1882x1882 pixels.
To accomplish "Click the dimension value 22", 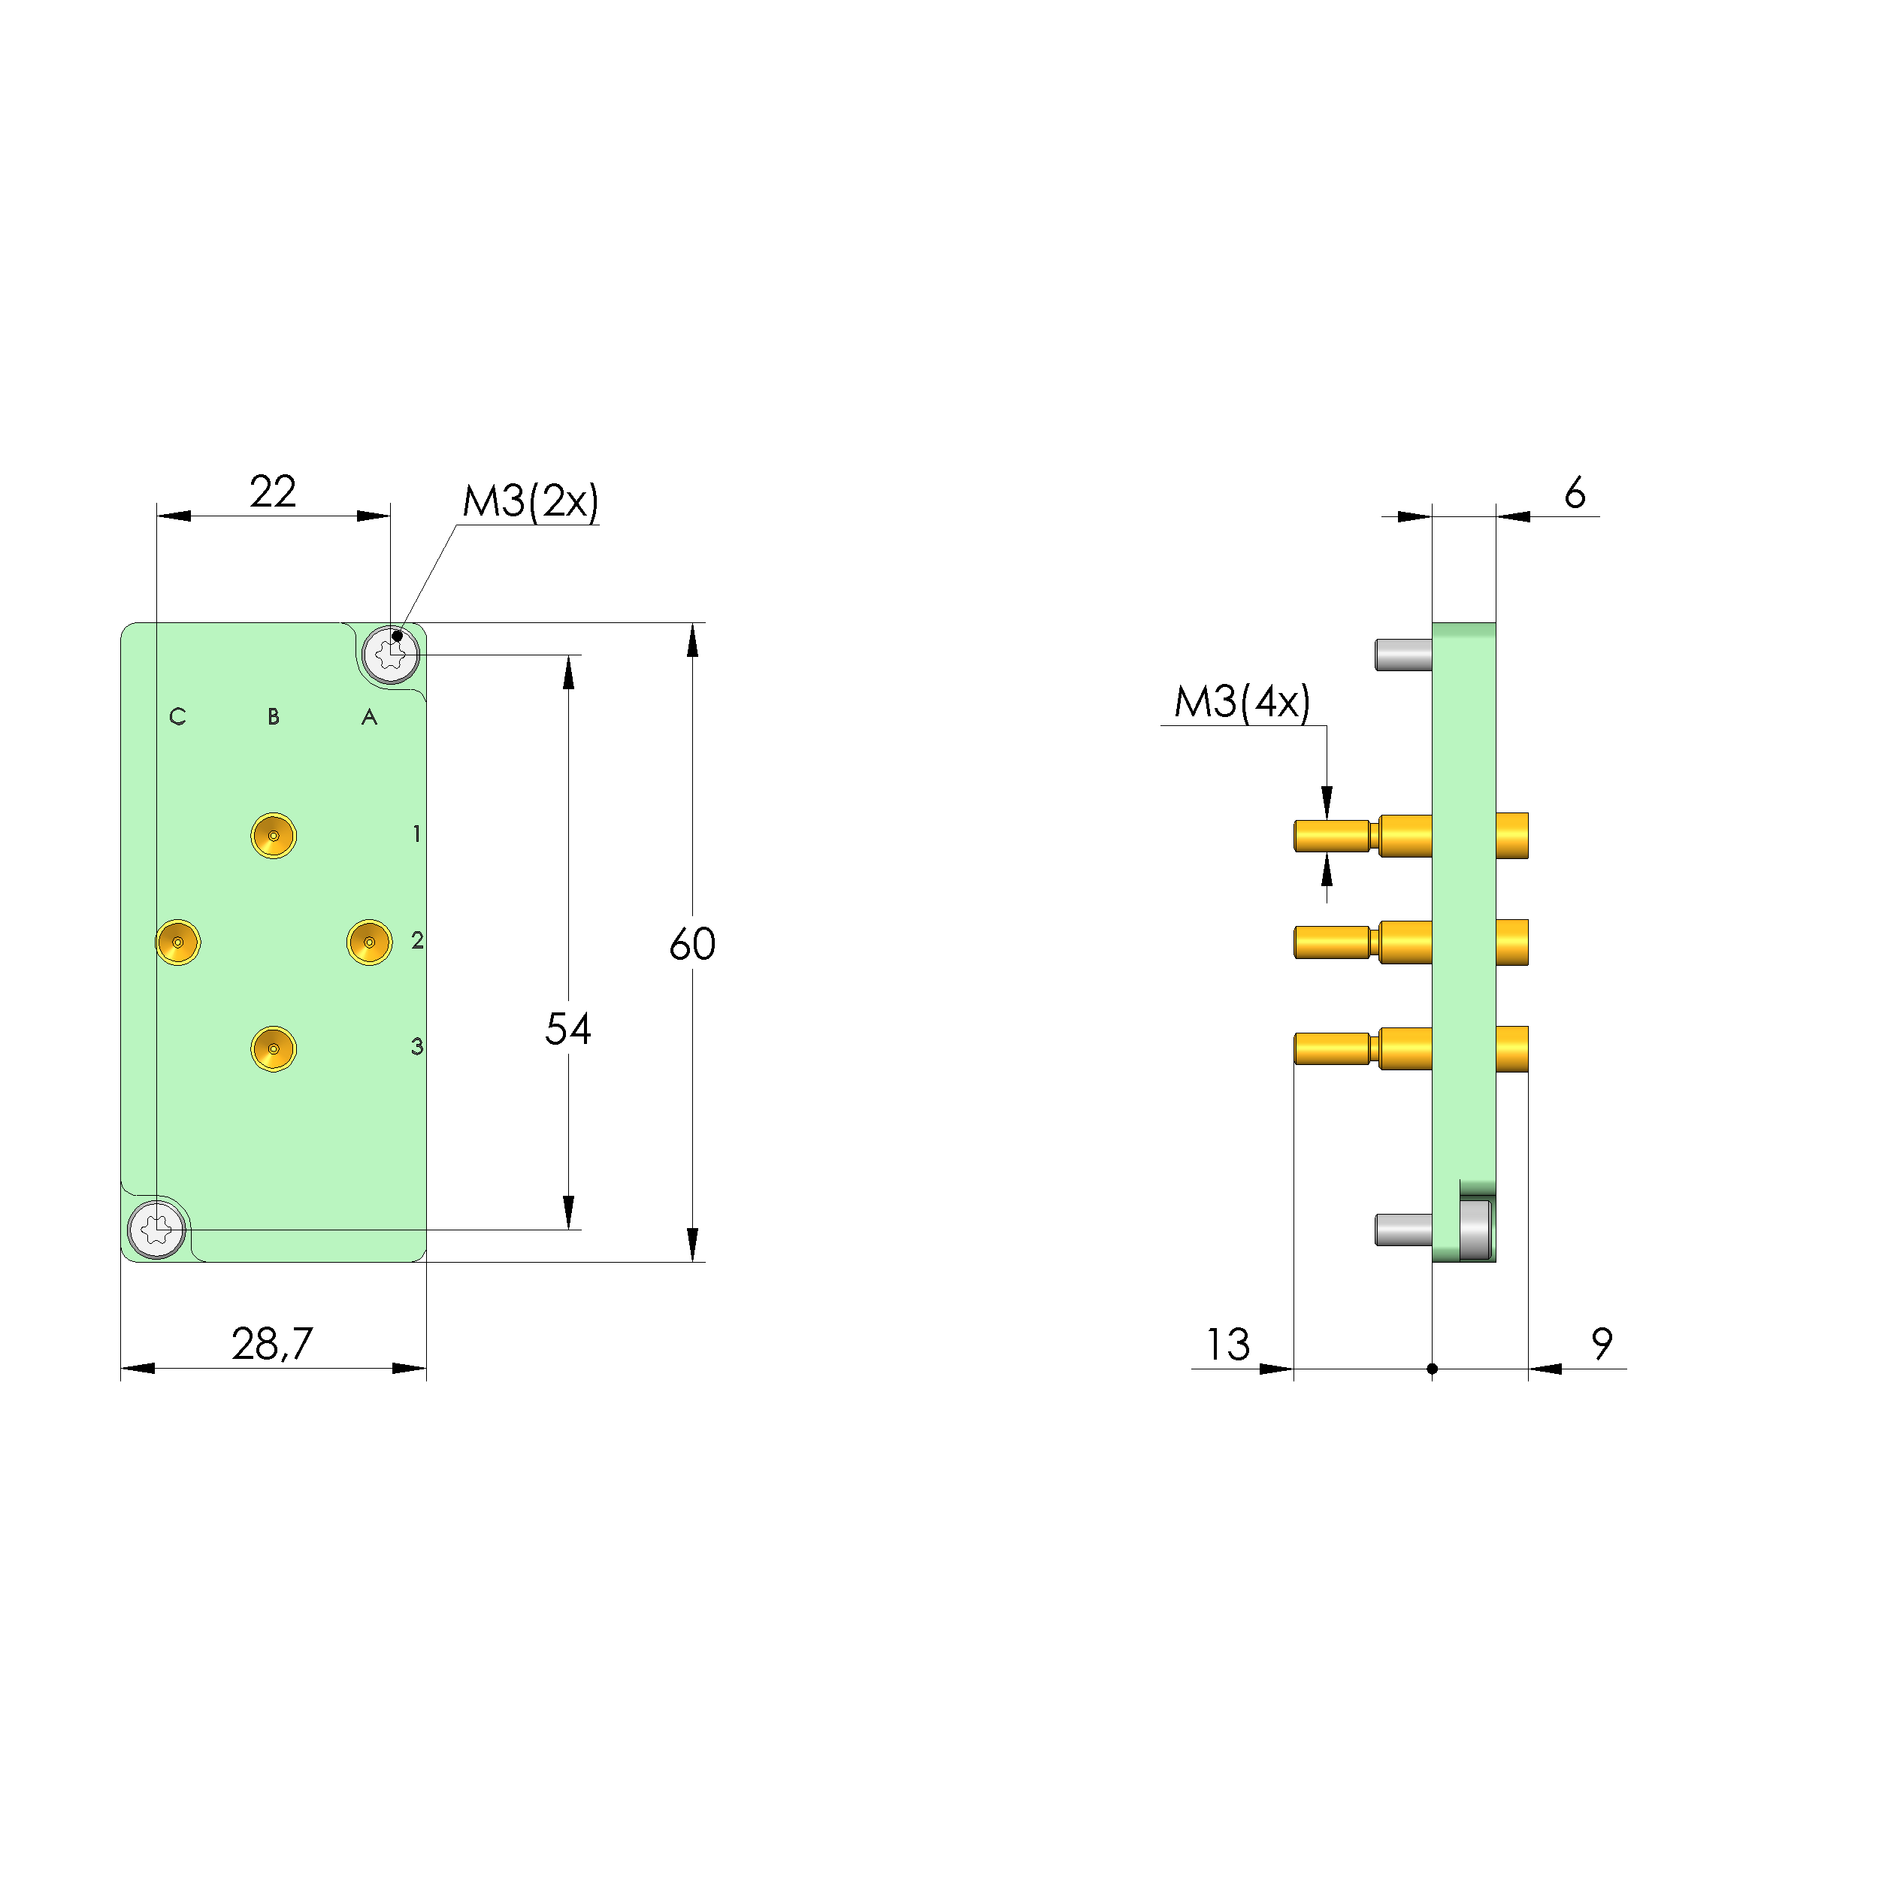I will tap(272, 492).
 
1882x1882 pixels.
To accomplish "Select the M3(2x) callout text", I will tap(530, 501).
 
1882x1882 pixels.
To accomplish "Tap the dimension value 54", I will tap(568, 1029).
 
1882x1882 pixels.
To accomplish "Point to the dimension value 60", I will tap(691, 944).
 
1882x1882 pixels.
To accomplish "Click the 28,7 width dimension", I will tap(272, 1345).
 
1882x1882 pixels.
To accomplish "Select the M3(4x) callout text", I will tap(1242, 702).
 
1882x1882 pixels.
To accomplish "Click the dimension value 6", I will tap(1574, 494).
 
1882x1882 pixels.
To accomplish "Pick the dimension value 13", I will tap(1227, 1345).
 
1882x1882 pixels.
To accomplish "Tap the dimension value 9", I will tap(1602, 1345).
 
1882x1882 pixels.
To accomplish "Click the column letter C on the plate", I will tap(177, 717).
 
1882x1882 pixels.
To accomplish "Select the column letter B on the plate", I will tap(274, 717).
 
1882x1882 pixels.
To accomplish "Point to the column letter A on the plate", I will tap(369, 718).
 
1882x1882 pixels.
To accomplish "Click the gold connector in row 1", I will tap(274, 836).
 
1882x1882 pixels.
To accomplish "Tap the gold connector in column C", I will tap(178, 942).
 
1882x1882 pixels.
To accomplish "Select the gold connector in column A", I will tap(369, 942).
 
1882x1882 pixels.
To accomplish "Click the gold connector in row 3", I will tap(274, 1049).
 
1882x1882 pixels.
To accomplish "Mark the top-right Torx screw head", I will tap(391, 655).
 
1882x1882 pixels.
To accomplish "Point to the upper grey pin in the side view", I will tap(1402, 655).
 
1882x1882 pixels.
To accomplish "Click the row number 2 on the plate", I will tap(417, 940).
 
